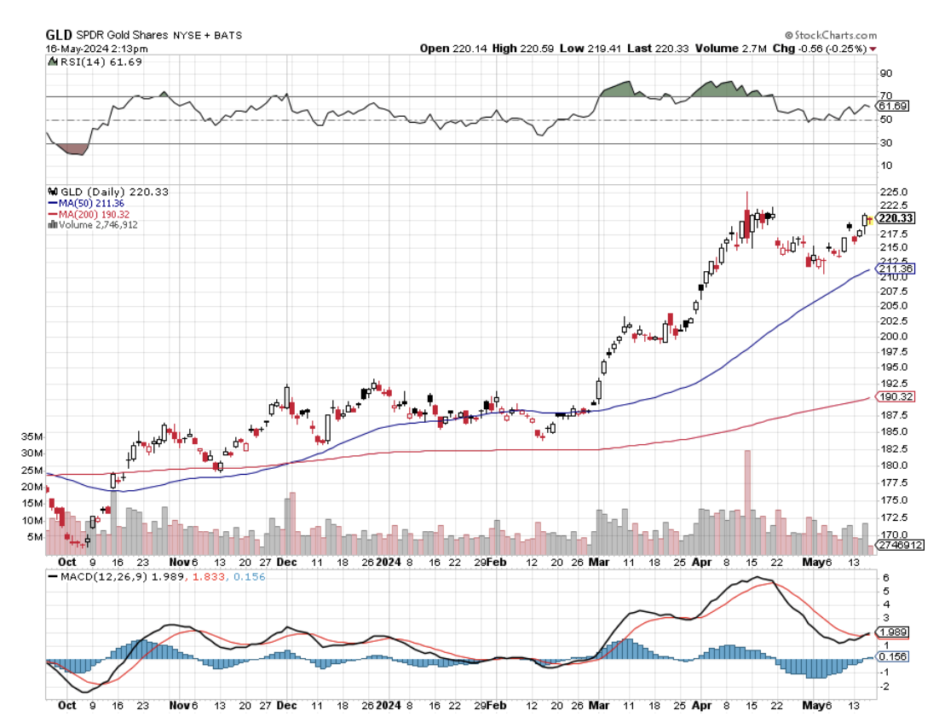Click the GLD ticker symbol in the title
[59, 34]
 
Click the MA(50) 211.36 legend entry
[87, 203]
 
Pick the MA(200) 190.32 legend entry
[89, 214]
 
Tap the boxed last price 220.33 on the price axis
[896, 218]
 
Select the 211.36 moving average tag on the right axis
[896, 269]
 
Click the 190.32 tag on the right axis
[896, 396]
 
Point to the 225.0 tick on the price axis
[892, 192]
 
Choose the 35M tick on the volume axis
[34, 436]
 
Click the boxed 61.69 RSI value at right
[891, 106]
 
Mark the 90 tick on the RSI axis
[885, 73]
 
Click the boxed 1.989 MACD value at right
[893, 632]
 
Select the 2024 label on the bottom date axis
[389, 562]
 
